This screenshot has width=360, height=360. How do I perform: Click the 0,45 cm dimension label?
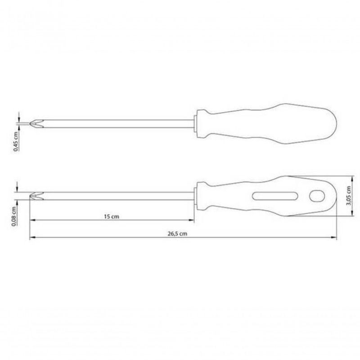click(x=16, y=141)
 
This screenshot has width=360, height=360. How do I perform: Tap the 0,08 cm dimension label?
click(x=14, y=216)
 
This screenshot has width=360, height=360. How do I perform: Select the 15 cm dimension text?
click(x=112, y=216)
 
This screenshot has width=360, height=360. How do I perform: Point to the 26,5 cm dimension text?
click(x=177, y=234)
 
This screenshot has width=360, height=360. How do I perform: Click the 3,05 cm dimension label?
click(x=349, y=196)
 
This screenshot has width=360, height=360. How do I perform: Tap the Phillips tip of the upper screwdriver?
click(x=37, y=123)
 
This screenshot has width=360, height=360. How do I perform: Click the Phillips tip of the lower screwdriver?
click(x=37, y=196)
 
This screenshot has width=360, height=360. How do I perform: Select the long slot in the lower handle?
click(x=275, y=196)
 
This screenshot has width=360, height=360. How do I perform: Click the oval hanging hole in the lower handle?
click(x=317, y=196)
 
